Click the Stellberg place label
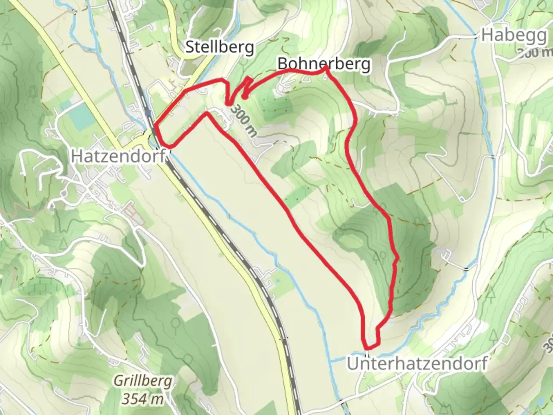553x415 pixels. click(219, 47)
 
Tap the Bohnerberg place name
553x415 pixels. click(324, 64)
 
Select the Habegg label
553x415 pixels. click(514, 35)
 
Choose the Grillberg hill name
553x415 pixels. click(142, 382)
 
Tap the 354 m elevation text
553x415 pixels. click(142, 399)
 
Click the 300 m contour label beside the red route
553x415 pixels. click(244, 120)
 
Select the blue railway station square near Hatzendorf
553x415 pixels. click(148, 113)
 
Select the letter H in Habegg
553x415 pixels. click(487, 35)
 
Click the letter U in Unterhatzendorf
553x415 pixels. click(353, 364)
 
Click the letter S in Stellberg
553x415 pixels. click(189, 47)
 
